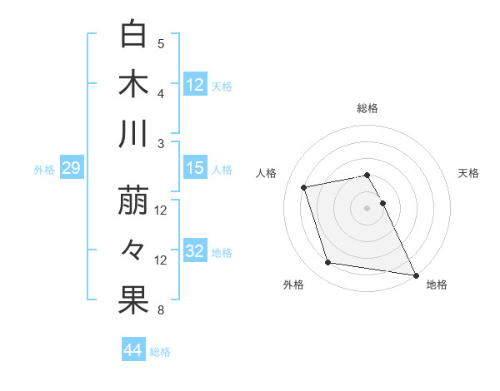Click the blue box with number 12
[194, 84]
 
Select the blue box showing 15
[194, 168]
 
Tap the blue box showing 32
[194, 251]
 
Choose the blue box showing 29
[71, 169]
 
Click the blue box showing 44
[132, 350]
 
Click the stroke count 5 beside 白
[161, 43]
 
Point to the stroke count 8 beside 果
[161, 310]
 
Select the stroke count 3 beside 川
[161, 143]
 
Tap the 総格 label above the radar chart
[367, 108]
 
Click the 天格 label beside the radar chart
[468, 173]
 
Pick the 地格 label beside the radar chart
[436, 285]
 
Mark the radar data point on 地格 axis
[415, 274]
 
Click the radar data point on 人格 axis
[304, 186]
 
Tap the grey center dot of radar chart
[367, 207]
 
